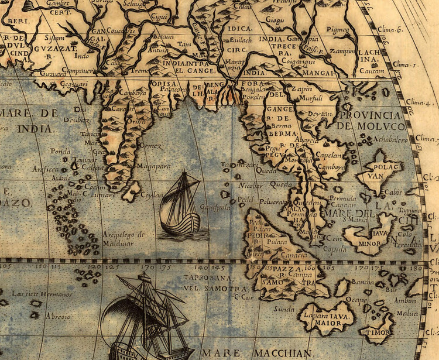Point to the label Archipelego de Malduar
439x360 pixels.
click(x=124, y=237)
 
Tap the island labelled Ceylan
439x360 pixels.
click(x=133, y=190)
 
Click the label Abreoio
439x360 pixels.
click(x=59, y=316)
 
